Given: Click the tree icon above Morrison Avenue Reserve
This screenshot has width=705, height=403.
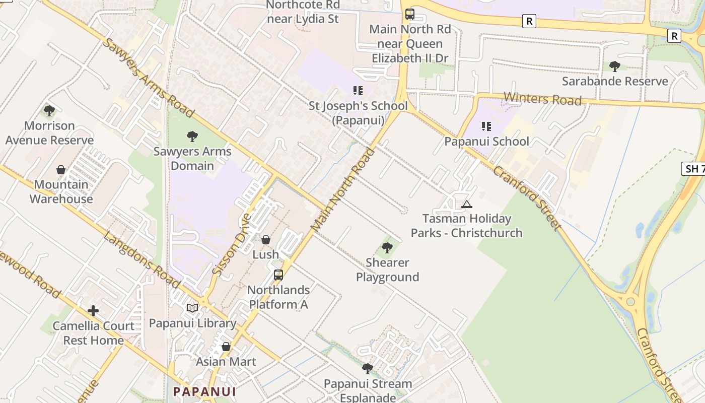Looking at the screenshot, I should [x=49, y=111].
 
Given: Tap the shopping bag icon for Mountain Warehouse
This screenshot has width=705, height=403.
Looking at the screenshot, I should [x=61, y=170].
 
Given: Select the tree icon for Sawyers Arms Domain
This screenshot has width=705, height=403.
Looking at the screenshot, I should [x=192, y=136].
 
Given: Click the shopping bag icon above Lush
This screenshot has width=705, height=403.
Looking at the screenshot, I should [x=266, y=240].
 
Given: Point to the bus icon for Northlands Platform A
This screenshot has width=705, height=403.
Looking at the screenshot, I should [x=278, y=275].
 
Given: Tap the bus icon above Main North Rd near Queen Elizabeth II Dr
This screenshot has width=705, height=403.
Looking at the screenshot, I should [x=410, y=14].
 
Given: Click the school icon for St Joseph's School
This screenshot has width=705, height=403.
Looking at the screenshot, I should [x=358, y=91].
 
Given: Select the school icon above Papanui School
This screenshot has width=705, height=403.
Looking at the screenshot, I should [x=486, y=126].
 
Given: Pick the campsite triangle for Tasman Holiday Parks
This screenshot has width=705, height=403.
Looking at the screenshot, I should [x=467, y=204].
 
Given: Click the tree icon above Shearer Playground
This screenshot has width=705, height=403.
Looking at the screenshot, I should [x=387, y=247].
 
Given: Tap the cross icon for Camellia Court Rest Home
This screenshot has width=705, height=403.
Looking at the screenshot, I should [x=93, y=311].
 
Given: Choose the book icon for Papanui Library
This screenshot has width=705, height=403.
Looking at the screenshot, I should [x=192, y=308].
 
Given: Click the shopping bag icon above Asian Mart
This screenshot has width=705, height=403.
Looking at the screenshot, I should [x=226, y=347].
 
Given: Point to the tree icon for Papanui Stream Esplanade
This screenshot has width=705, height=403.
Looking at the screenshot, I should [x=368, y=369].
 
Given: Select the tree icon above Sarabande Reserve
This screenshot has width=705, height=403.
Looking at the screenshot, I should [x=615, y=66].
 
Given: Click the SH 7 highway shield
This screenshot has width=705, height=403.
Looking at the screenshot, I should [x=694, y=169].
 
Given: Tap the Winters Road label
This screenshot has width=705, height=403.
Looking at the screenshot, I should [x=542, y=99].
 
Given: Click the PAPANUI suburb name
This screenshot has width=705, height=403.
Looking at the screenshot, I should [x=204, y=391].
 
